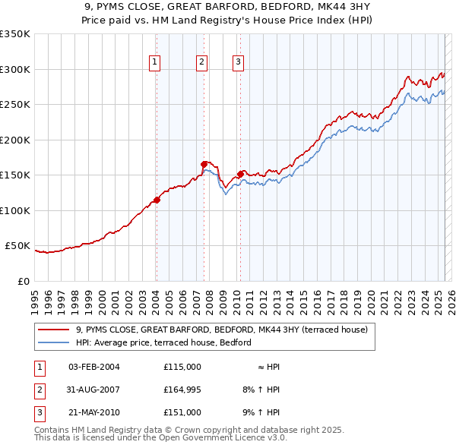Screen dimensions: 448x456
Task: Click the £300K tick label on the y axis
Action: [x=14, y=69]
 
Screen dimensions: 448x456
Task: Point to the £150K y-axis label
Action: [x=14, y=175]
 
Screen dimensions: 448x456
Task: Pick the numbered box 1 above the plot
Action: [x=154, y=62]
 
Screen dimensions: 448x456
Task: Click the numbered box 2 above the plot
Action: [x=202, y=62]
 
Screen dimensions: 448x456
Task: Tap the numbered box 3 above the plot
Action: [x=238, y=62]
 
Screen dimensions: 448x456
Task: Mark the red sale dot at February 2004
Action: [x=157, y=200]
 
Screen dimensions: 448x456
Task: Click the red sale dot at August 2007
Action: [x=204, y=164]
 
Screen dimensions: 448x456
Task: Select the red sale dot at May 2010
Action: [x=241, y=174]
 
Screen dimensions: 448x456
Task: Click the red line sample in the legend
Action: [x=54, y=330]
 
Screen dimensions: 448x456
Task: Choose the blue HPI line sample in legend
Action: [x=54, y=342]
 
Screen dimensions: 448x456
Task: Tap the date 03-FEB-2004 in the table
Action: [x=93, y=367]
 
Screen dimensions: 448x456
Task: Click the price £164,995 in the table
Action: [x=182, y=390]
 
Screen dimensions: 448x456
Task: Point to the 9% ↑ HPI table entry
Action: [x=261, y=414]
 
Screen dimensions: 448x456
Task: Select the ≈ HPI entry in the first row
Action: [x=268, y=367]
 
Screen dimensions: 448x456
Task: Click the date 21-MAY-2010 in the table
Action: [x=93, y=414]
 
